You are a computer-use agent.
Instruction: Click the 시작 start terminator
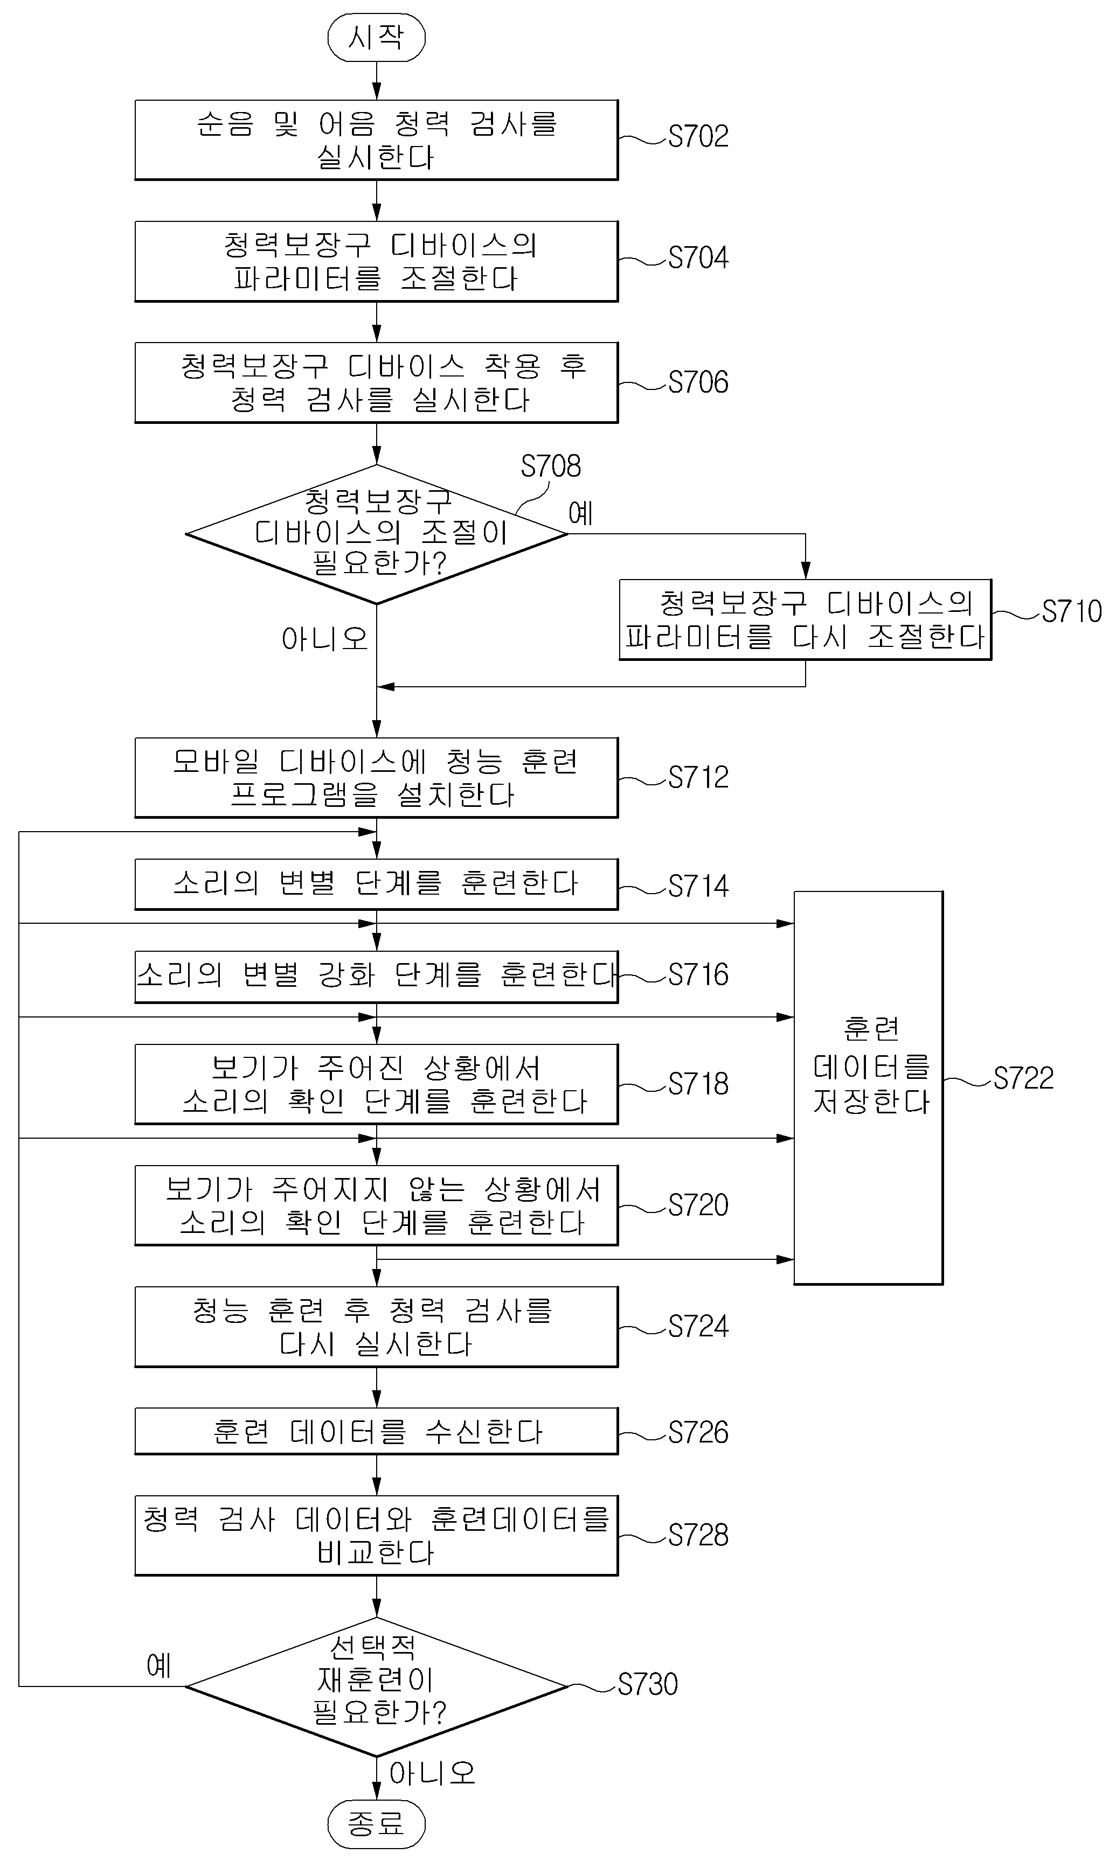point(376,37)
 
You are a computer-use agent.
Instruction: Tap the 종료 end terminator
point(376,1823)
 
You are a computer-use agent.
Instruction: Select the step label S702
point(698,137)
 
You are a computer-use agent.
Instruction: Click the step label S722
point(1023,1078)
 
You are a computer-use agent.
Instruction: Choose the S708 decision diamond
point(376,534)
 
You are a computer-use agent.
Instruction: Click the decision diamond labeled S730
point(376,1686)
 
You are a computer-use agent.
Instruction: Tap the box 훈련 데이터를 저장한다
point(869,1088)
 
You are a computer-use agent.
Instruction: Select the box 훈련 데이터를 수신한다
point(376,1431)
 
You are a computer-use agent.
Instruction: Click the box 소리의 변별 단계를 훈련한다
point(376,884)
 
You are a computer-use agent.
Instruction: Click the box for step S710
point(806,619)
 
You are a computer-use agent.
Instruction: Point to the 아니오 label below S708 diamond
point(325,639)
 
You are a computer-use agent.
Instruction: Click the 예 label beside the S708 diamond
point(580,513)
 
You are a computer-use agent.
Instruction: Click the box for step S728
point(376,1536)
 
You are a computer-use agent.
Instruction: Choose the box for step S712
point(376,777)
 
